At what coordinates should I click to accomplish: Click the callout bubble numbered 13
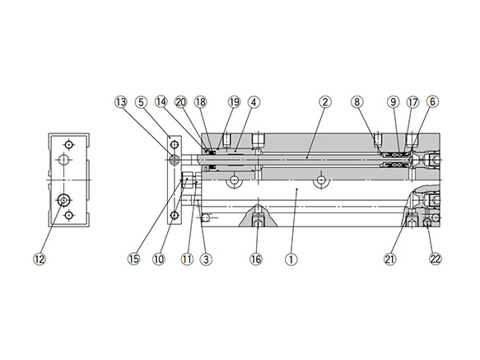121,102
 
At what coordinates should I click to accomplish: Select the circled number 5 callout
142,102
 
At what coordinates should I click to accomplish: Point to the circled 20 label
181,102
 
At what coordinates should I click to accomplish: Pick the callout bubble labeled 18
200,102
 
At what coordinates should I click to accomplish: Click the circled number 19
235,102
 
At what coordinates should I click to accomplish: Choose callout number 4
254,102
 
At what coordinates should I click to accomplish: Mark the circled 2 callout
325,102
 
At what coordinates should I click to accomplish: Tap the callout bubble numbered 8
357,102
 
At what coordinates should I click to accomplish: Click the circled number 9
394,102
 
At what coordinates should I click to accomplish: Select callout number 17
412,102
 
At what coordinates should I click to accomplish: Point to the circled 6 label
433,102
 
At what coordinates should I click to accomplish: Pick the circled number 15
134,259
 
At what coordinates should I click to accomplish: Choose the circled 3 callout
207,259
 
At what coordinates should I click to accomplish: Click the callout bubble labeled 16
256,259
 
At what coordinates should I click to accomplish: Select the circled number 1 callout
290,259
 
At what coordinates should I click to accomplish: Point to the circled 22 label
436,259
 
